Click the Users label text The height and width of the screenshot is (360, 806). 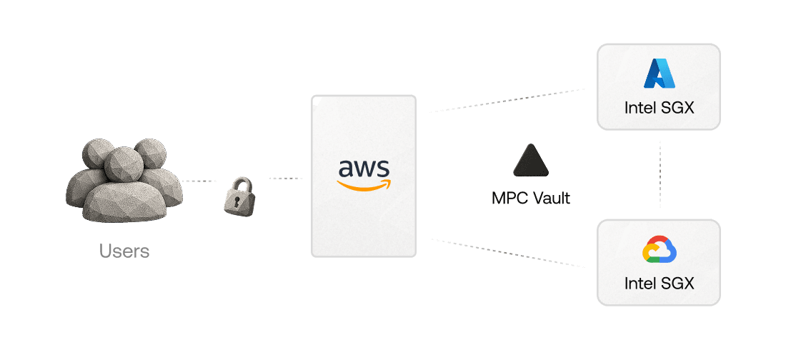[x=124, y=251]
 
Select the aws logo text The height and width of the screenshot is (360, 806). [x=364, y=169]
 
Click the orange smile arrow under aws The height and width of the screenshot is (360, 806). [x=365, y=185]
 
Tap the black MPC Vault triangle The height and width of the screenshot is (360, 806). [x=532, y=161]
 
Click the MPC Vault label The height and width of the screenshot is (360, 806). [x=531, y=198]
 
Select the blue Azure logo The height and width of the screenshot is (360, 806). [x=659, y=74]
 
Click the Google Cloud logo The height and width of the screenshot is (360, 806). [x=659, y=250]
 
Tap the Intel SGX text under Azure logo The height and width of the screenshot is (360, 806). [x=659, y=109]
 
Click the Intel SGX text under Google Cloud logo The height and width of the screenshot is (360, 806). [x=659, y=284]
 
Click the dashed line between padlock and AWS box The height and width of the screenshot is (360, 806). [x=286, y=178]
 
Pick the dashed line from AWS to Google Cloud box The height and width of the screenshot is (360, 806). [x=507, y=253]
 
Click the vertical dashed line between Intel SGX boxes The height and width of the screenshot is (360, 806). [x=660, y=174]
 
